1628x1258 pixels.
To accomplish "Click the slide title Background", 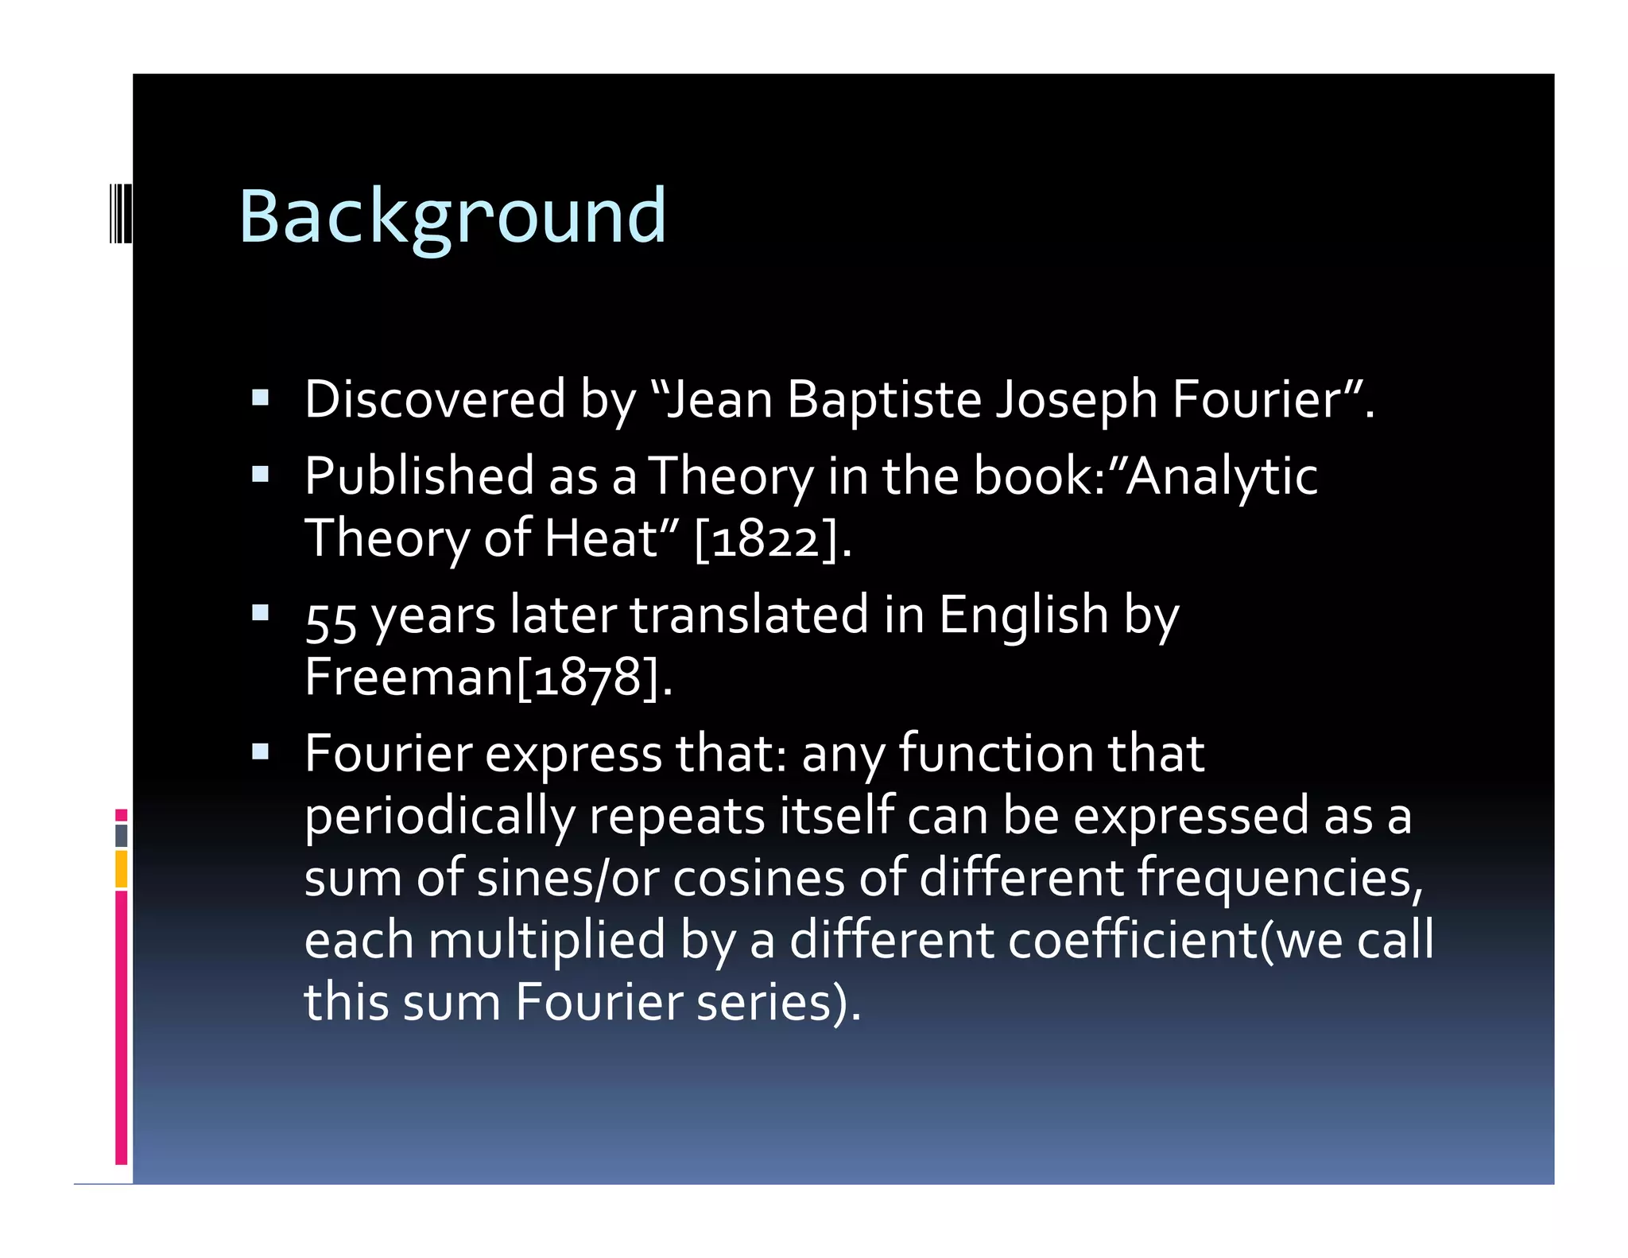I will [452, 216].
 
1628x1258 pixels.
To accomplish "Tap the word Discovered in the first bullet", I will [435, 399].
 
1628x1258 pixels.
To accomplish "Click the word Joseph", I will [1077, 399].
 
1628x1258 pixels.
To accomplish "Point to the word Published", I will [419, 476].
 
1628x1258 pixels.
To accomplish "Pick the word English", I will [1023, 615].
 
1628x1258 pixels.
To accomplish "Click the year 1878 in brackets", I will [587, 678].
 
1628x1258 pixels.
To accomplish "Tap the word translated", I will [750, 615].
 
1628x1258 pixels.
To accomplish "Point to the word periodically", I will [440, 817].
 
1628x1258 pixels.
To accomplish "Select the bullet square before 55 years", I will [260, 613].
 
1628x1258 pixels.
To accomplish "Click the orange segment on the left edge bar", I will [121, 869].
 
